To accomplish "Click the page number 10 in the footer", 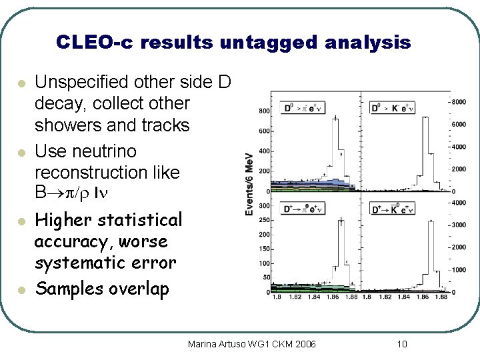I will point(401,344).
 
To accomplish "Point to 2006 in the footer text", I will point(304,344).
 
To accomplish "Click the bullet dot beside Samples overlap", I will point(21,290).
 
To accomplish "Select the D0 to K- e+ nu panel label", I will point(393,107).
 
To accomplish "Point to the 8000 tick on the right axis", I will point(459,101).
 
